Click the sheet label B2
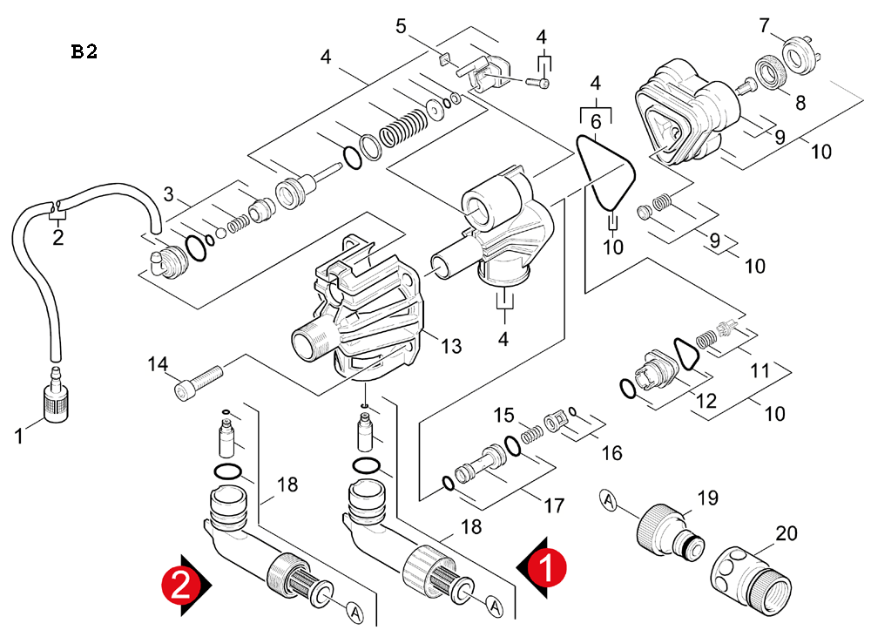tap(84, 51)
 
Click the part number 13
tap(450, 346)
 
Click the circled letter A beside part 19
tap(609, 500)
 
